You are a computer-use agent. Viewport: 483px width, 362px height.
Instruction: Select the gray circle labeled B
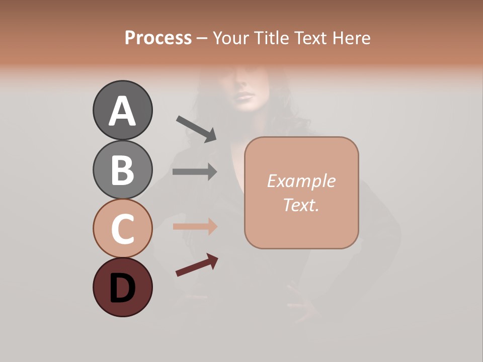point(122,169)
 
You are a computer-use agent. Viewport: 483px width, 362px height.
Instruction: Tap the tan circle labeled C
point(122,228)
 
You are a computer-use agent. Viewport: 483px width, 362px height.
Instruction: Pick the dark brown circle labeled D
point(122,287)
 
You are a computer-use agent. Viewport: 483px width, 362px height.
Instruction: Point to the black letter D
point(122,289)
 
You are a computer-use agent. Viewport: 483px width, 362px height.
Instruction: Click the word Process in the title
point(158,38)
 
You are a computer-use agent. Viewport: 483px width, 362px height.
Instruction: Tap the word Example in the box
point(301,181)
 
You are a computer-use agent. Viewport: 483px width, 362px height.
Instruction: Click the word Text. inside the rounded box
point(301,205)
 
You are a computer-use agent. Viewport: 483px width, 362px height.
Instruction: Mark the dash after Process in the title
point(202,38)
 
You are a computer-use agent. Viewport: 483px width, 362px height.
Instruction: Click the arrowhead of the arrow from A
point(211,135)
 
